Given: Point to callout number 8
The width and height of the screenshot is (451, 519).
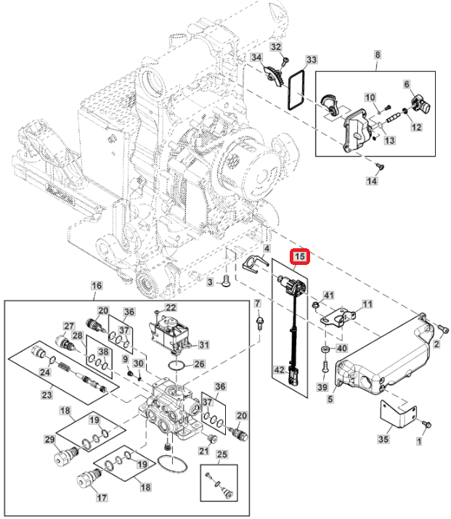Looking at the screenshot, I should coord(377,55).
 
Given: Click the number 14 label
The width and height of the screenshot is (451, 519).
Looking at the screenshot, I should coord(372,181).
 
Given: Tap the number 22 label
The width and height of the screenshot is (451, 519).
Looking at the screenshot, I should coord(171,308).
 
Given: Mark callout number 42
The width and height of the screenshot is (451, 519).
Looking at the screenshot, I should coord(279,369).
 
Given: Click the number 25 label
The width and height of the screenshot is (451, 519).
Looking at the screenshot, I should coord(222,454).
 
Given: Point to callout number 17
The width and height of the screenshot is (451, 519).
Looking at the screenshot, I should coord(102,498).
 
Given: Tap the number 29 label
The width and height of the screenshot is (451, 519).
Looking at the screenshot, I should coord(50,441).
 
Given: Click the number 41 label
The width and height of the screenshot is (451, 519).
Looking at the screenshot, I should coord(328,295).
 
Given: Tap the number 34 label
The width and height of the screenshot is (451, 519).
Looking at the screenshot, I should coord(256,57).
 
